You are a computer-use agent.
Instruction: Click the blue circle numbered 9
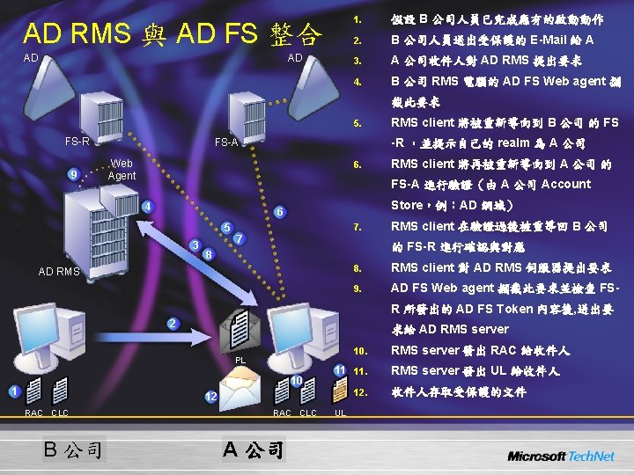coord(74,172)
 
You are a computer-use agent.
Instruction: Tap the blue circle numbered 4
coord(147,207)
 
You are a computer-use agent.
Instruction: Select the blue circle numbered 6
coord(278,212)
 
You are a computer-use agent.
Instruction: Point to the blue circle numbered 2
coord(172,325)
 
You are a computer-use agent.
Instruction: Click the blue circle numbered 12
coord(211,398)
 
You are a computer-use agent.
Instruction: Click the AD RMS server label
coord(59,271)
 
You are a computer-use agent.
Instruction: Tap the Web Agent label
coord(122,170)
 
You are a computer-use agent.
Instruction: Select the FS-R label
coord(77,142)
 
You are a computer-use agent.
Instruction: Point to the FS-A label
coord(228,142)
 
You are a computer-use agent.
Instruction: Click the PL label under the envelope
coord(240,361)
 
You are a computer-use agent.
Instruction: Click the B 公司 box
coord(76,450)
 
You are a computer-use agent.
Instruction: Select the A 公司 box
coord(253,450)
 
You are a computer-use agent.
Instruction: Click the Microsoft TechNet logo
coord(560,455)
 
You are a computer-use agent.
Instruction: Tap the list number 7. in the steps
coord(356,227)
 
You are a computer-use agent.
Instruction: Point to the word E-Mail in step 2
coord(549,40)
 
